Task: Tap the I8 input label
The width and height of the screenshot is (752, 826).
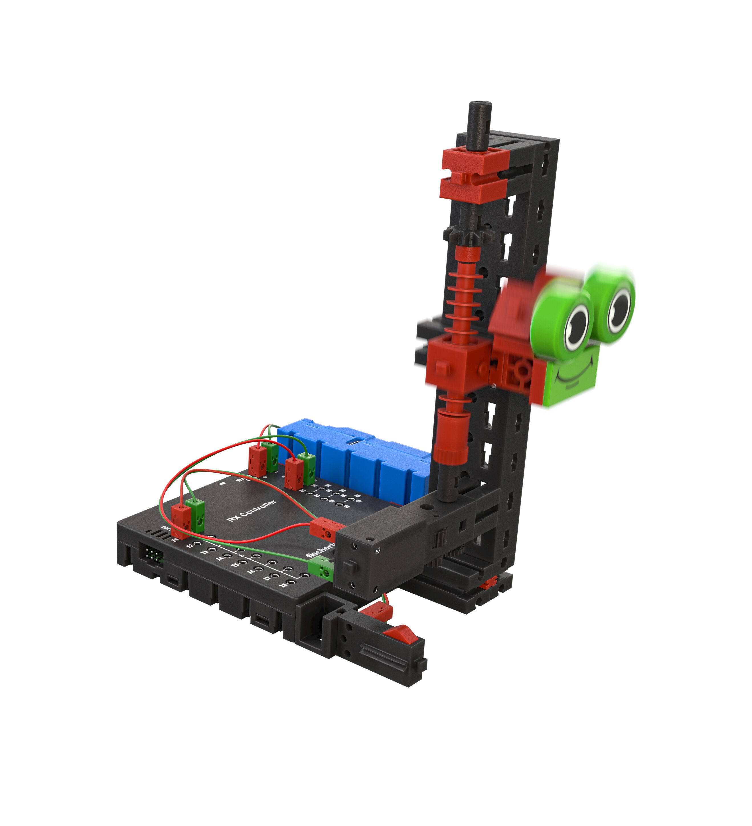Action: click(x=283, y=585)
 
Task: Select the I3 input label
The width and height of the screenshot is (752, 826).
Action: click(x=204, y=552)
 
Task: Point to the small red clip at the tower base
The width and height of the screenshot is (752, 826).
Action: click(x=489, y=582)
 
